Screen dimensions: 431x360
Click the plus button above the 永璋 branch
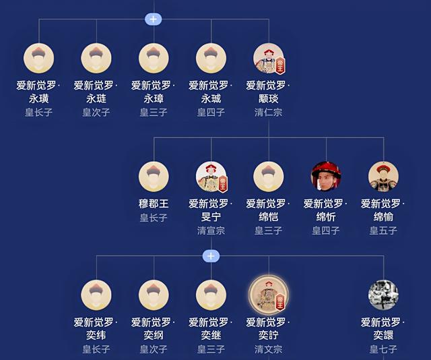154,20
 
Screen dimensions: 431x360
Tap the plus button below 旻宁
211,256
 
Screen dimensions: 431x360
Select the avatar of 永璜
39,59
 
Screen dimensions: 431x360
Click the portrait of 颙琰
269,59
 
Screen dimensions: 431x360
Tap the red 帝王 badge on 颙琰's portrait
280,65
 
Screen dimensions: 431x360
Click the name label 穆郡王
154,204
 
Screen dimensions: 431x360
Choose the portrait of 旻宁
211,177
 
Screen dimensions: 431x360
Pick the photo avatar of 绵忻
326,177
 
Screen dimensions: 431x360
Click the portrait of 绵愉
383,177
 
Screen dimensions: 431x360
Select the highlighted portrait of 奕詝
269,295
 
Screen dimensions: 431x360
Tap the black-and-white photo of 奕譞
383,295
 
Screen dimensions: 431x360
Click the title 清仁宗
268,113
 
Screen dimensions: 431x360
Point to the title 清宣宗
211,231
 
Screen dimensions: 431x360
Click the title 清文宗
268,349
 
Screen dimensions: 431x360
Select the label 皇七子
383,349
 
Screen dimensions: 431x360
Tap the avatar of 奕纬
96,295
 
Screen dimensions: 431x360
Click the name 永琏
96,98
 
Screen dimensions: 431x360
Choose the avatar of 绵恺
269,177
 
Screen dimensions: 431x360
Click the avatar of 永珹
211,59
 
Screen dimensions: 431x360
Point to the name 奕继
211,335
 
